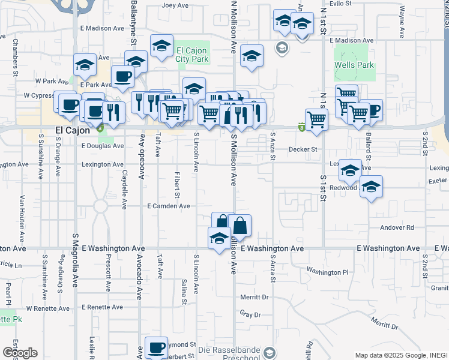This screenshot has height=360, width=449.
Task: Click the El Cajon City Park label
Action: [x=192, y=55]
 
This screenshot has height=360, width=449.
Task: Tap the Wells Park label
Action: [x=354, y=65]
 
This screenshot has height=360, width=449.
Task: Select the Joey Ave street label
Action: [x=176, y=5]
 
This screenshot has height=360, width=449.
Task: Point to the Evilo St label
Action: [x=340, y=4]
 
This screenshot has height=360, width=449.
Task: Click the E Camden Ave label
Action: [x=169, y=206]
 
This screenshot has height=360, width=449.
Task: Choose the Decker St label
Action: [x=302, y=149]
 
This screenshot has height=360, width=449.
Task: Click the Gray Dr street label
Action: [x=250, y=314]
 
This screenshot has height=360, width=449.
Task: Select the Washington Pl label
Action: [x=328, y=272]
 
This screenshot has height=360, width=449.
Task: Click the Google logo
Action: [x=20, y=353]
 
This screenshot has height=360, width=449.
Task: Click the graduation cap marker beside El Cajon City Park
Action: [x=161, y=46]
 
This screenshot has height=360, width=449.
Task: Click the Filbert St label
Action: [x=178, y=185]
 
